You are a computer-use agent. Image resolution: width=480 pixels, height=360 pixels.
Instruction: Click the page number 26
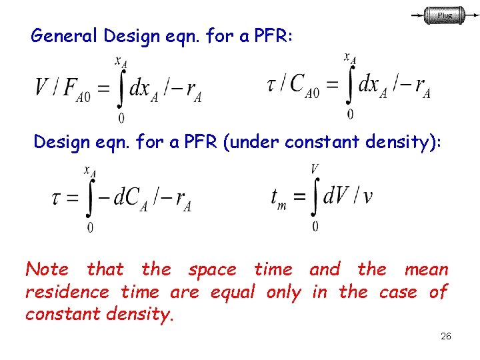click(446, 336)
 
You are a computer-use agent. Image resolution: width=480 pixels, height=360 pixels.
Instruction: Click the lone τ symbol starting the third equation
click(58, 197)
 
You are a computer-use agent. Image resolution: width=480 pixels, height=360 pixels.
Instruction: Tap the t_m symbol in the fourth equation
click(279, 197)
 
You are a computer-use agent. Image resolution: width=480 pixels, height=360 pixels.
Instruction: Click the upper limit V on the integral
click(315, 169)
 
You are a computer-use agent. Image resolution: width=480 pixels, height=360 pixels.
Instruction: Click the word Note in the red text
click(47, 269)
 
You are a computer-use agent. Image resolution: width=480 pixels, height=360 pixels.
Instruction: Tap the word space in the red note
click(212, 269)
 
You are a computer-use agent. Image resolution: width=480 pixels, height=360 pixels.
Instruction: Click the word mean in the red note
click(426, 269)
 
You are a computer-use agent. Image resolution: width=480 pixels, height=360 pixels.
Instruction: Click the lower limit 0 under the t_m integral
click(315, 227)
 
